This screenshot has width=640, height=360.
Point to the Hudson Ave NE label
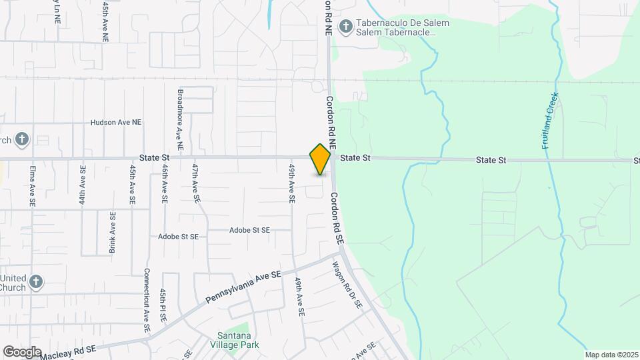click(116, 123)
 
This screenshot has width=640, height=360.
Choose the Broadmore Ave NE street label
click(180, 119)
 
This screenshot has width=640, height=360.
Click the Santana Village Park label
click(238, 340)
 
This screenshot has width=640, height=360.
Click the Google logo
click(22, 351)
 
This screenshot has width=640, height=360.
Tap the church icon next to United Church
click(36, 283)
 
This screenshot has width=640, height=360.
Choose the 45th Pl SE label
click(163, 305)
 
